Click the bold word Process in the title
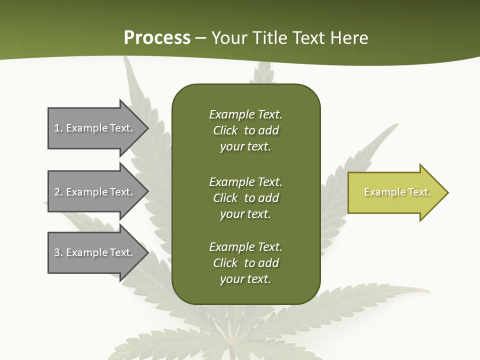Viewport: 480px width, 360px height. pyautogui.click(x=157, y=37)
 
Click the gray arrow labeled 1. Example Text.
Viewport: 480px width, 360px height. pyautogui.click(x=90, y=128)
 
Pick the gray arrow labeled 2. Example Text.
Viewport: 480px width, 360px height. pyautogui.click(x=90, y=192)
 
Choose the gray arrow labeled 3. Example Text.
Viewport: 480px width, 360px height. pyautogui.click(x=90, y=252)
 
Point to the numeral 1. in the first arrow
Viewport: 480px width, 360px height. pyautogui.click(x=58, y=128)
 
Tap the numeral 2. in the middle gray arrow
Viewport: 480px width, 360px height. pyautogui.click(x=58, y=192)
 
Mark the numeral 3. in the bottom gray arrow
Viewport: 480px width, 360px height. pyautogui.click(x=58, y=252)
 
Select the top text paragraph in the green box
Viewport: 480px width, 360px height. pyautogui.click(x=245, y=130)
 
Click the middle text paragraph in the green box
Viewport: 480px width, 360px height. pyautogui.click(x=245, y=198)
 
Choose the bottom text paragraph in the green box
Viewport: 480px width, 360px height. pyautogui.click(x=245, y=263)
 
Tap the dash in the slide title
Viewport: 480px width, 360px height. pyautogui.click(x=201, y=38)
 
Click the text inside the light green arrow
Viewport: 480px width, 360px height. pyautogui.click(x=397, y=192)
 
